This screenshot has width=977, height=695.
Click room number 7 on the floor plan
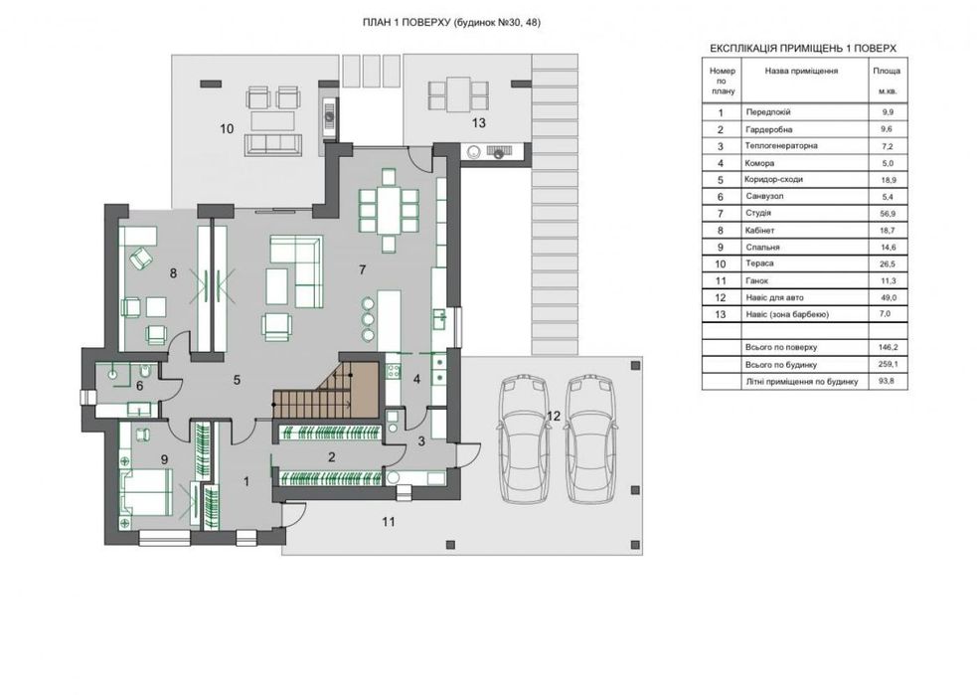click(x=362, y=269)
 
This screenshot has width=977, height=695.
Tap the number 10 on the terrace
click(x=227, y=128)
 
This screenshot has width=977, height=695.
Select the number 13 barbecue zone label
click(x=478, y=123)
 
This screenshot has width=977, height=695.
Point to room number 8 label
click(x=173, y=272)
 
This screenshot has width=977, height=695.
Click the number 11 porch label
click(x=389, y=522)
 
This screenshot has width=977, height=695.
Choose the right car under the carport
click(x=590, y=438)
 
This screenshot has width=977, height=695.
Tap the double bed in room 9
click(x=146, y=492)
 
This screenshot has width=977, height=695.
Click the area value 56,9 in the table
click(x=886, y=213)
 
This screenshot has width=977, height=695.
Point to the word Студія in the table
click(x=758, y=213)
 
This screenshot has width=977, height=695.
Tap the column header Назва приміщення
click(x=801, y=71)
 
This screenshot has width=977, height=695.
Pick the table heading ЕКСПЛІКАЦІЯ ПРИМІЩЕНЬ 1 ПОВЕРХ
click(x=803, y=48)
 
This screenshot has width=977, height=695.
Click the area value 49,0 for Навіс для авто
click(x=886, y=298)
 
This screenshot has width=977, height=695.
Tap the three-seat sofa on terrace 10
click(x=273, y=143)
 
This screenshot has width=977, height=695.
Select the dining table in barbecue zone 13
click(x=458, y=94)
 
